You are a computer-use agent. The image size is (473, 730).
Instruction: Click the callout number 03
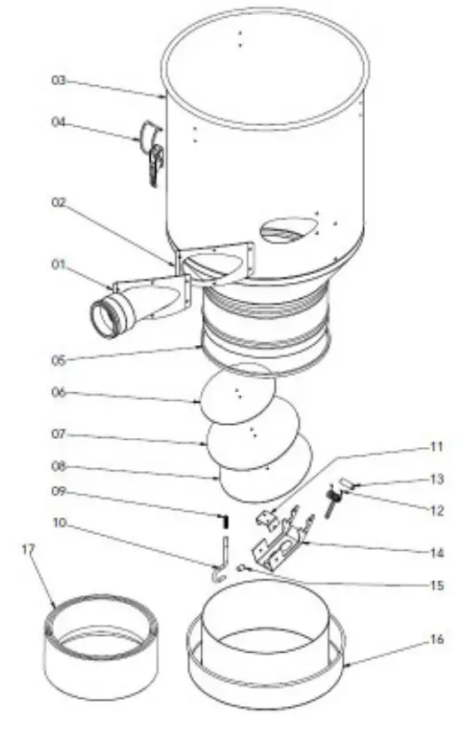(x=58, y=81)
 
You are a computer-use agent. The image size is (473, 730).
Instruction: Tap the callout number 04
(x=58, y=122)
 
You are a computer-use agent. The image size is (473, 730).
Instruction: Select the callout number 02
(x=58, y=202)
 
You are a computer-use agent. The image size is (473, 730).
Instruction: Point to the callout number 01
(x=58, y=264)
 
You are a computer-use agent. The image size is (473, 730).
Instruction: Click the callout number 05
(x=58, y=360)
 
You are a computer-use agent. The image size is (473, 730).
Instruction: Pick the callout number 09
(x=58, y=491)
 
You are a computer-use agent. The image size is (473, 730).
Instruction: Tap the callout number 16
(x=435, y=639)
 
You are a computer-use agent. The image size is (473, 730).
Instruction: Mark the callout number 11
(x=435, y=447)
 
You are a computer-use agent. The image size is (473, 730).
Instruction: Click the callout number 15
(x=435, y=585)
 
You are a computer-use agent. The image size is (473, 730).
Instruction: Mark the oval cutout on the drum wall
(x=288, y=230)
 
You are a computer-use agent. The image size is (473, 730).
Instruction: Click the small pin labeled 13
(x=345, y=484)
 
